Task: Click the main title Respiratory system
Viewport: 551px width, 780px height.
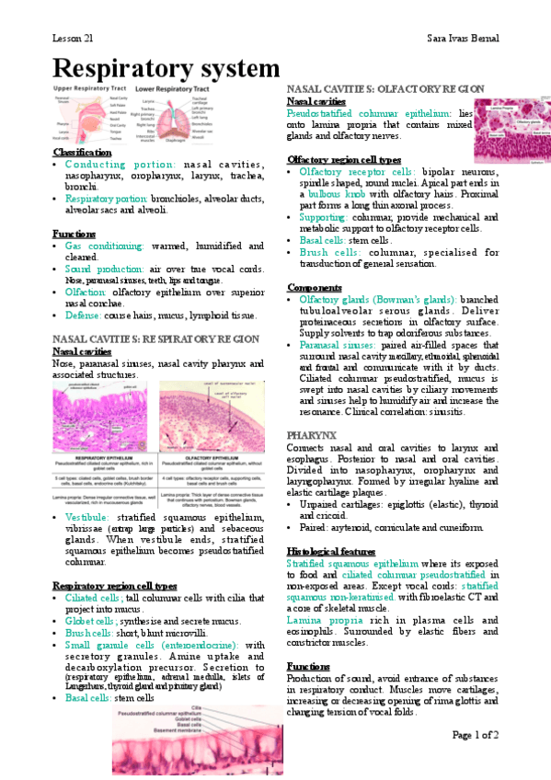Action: pyautogui.click(x=166, y=68)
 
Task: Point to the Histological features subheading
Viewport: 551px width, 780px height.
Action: pyautogui.click(x=334, y=551)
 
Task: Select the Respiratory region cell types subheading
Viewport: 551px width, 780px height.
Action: pyautogui.click(x=115, y=585)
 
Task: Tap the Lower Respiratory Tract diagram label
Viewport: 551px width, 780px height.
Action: pyautogui.click(x=175, y=88)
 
